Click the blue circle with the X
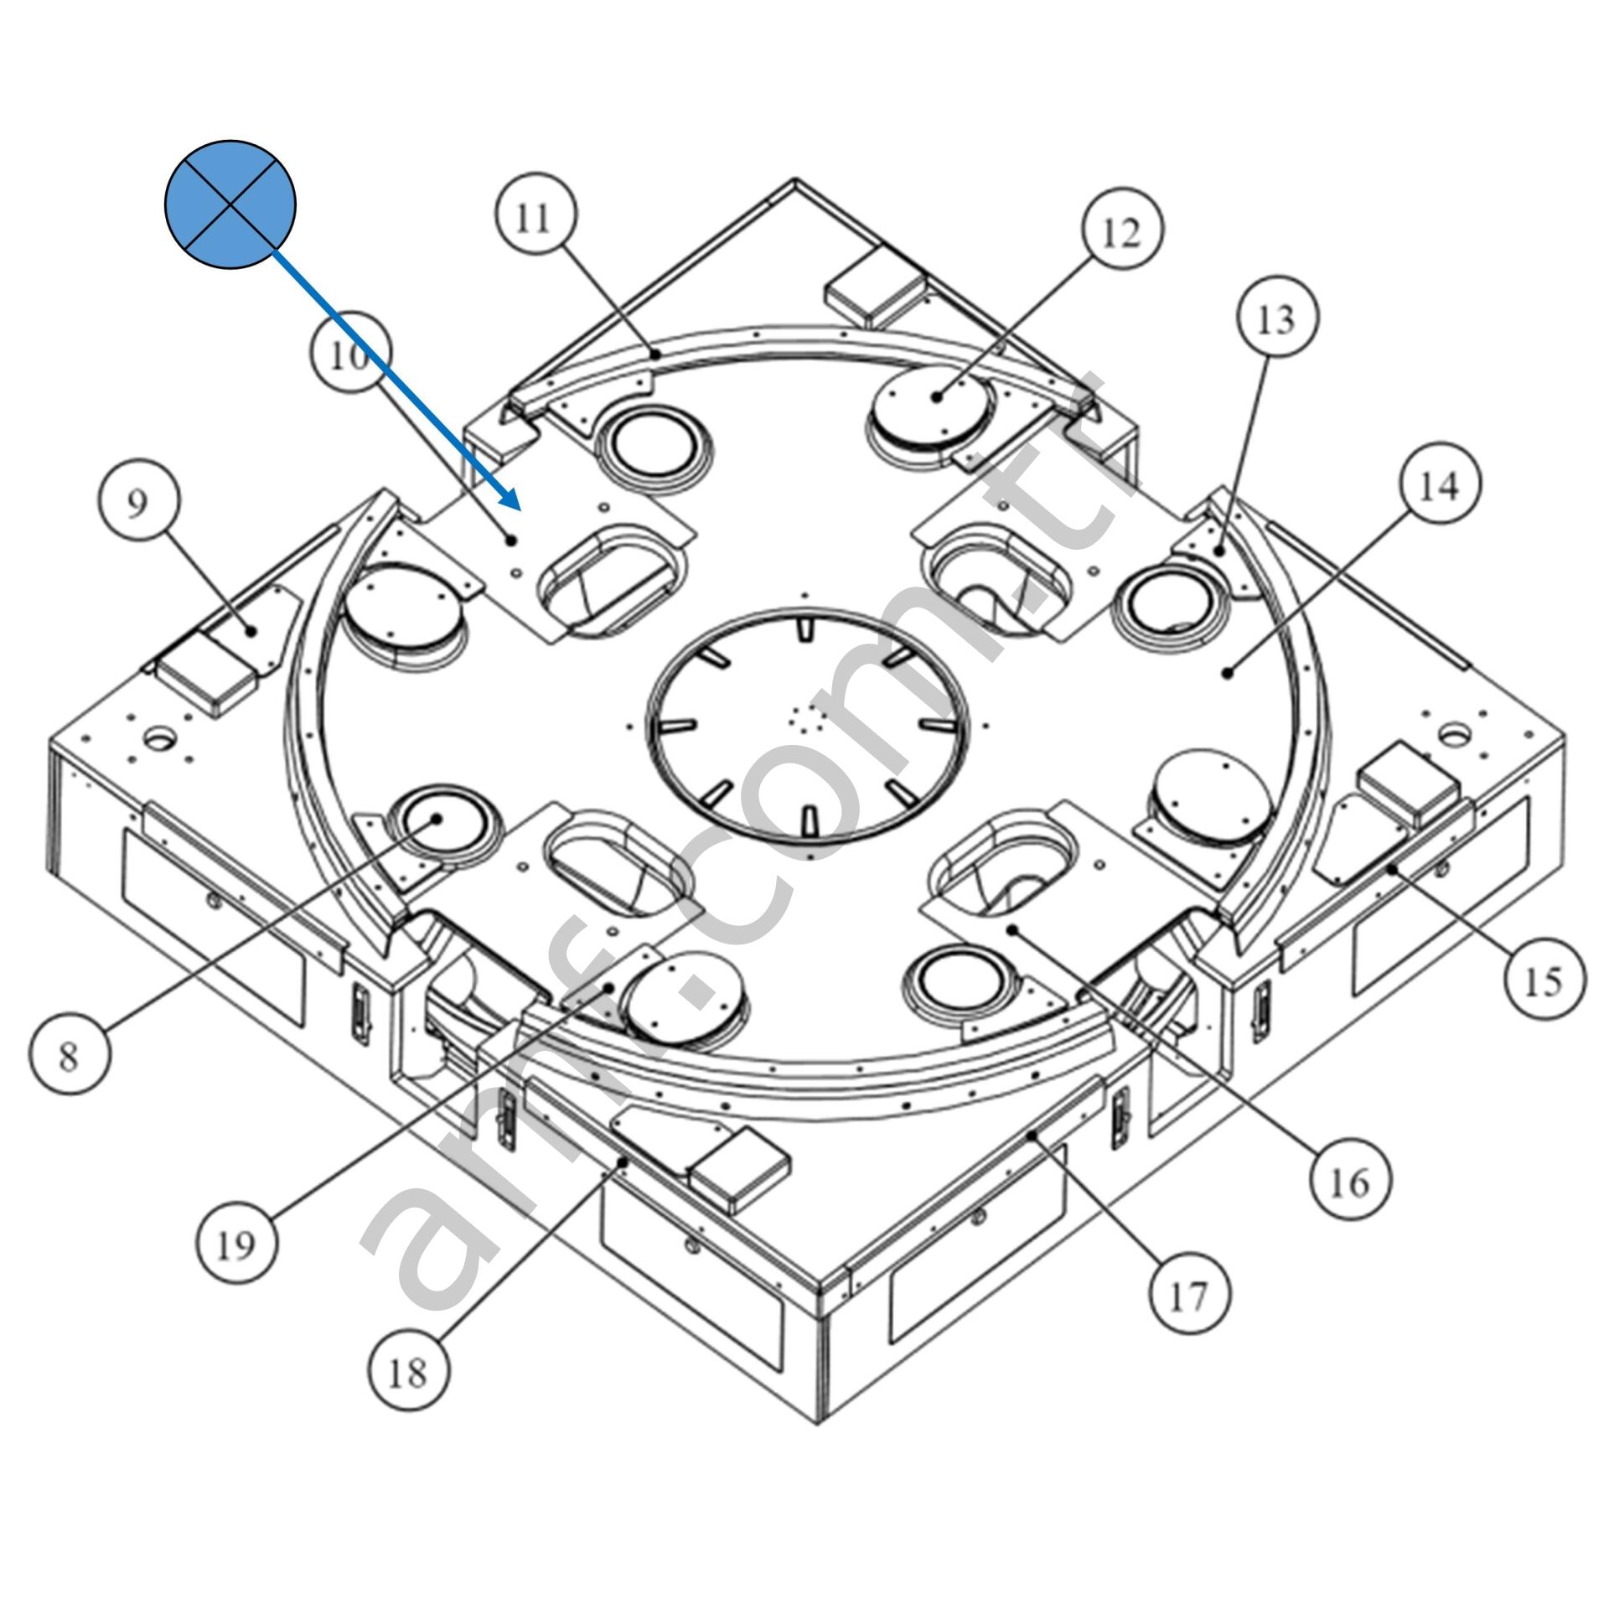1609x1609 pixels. [x=230, y=204]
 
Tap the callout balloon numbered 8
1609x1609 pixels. [x=69, y=1053]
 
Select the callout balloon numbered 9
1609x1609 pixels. [x=137, y=504]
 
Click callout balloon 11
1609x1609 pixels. [x=534, y=218]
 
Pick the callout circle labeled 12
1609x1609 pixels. [x=1122, y=230]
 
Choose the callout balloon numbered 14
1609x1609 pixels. [x=1439, y=485]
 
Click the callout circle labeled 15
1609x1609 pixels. [x=1544, y=978]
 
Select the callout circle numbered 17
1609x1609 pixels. [x=1189, y=1295]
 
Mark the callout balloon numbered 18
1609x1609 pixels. [x=408, y=1371]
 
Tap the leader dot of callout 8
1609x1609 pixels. [x=437, y=820]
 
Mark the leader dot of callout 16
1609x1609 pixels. [x=1013, y=929]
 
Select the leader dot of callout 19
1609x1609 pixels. [x=611, y=987]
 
